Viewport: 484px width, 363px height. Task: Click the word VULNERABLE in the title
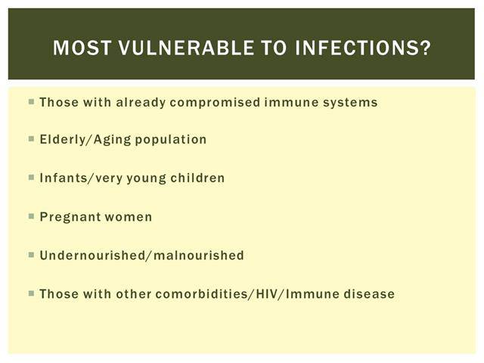(186, 48)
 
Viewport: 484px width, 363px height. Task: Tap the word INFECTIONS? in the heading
(363, 48)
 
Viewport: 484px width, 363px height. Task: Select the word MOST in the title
(82, 48)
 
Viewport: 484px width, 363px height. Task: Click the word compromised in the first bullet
(215, 103)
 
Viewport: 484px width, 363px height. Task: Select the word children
(197, 178)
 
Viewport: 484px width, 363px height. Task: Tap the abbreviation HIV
(266, 294)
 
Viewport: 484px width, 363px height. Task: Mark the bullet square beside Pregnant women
(31, 216)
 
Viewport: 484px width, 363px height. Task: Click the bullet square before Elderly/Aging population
(31, 139)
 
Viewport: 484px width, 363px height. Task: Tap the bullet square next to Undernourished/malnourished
(31, 255)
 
